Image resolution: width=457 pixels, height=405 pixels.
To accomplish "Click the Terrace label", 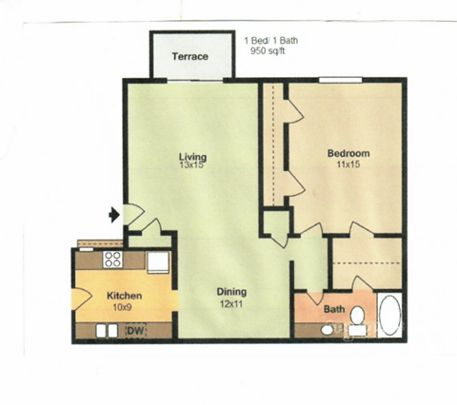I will [189, 57].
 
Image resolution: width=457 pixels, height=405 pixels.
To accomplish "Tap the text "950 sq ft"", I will [268, 52].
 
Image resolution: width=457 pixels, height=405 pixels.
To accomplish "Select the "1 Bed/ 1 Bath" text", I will [273, 40].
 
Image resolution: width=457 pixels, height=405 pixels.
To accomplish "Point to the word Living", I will [193, 156].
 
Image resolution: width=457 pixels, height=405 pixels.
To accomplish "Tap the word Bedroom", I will [348, 153].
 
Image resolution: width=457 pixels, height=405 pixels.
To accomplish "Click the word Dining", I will [230, 292].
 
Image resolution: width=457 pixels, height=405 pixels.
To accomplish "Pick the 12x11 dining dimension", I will [230, 303].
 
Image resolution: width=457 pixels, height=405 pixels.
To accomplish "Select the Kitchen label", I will [124, 295].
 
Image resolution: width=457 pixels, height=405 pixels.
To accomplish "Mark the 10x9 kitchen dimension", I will [124, 306].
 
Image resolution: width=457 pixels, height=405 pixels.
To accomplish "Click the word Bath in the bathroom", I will [334, 309].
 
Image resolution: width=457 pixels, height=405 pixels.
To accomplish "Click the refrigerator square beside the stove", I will [157, 260].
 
